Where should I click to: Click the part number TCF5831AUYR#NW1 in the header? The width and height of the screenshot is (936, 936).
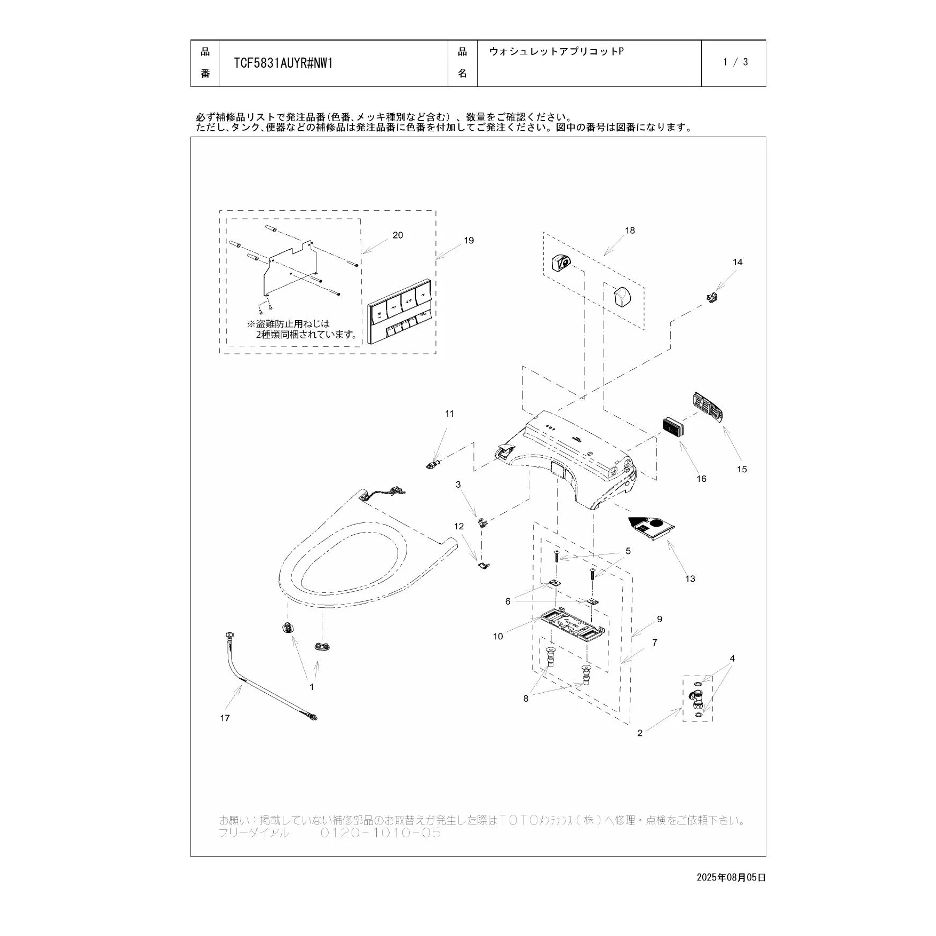(283, 64)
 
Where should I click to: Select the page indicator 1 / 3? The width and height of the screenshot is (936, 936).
(735, 62)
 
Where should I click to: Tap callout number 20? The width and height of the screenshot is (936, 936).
(398, 235)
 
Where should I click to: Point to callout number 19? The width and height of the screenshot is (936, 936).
(469, 241)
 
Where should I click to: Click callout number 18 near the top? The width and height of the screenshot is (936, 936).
(630, 231)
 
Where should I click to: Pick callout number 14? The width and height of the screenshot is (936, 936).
(737, 262)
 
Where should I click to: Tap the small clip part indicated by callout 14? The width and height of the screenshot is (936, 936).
(711, 297)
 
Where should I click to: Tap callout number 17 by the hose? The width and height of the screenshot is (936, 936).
(225, 718)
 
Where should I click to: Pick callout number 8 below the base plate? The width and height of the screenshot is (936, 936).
(526, 699)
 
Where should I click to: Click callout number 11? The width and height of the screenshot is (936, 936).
(449, 414)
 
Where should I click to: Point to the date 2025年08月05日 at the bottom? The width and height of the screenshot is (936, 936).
(731, 877)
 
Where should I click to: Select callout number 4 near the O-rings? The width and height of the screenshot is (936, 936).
(732, 659)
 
